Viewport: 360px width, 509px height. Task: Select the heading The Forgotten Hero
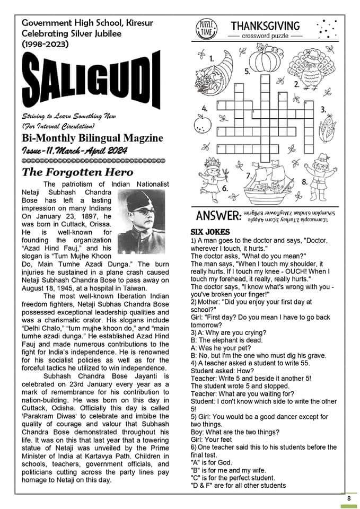point(77,172)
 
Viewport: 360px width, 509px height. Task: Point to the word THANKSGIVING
point(265,26)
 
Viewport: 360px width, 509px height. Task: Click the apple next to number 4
point(200,124)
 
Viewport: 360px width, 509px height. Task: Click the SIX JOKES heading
point(210,232)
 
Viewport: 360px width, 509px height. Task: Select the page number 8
point(348,498)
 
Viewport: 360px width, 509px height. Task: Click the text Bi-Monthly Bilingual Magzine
point(93,138)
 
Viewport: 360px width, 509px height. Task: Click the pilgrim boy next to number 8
point(321,178)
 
